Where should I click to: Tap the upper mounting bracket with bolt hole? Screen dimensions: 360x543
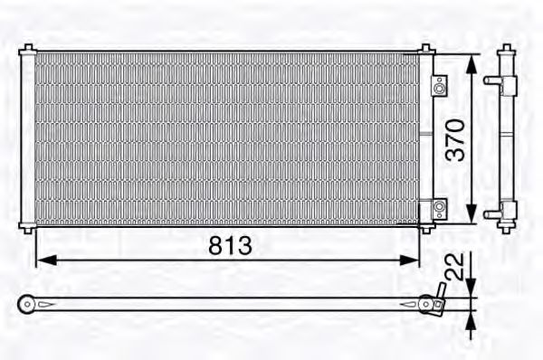(x=438, y=87)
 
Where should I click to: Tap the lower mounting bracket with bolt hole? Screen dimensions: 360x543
(x=438, y=208)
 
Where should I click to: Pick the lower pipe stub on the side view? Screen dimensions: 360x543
(x=491, y=213)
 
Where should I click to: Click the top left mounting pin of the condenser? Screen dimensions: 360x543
(x=28, y=46)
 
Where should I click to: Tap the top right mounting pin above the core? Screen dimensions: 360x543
(x=425, y=46)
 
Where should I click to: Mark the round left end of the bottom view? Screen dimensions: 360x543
(x=27, y=305)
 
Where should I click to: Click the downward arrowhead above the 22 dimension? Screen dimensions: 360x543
(x=470, y=289)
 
